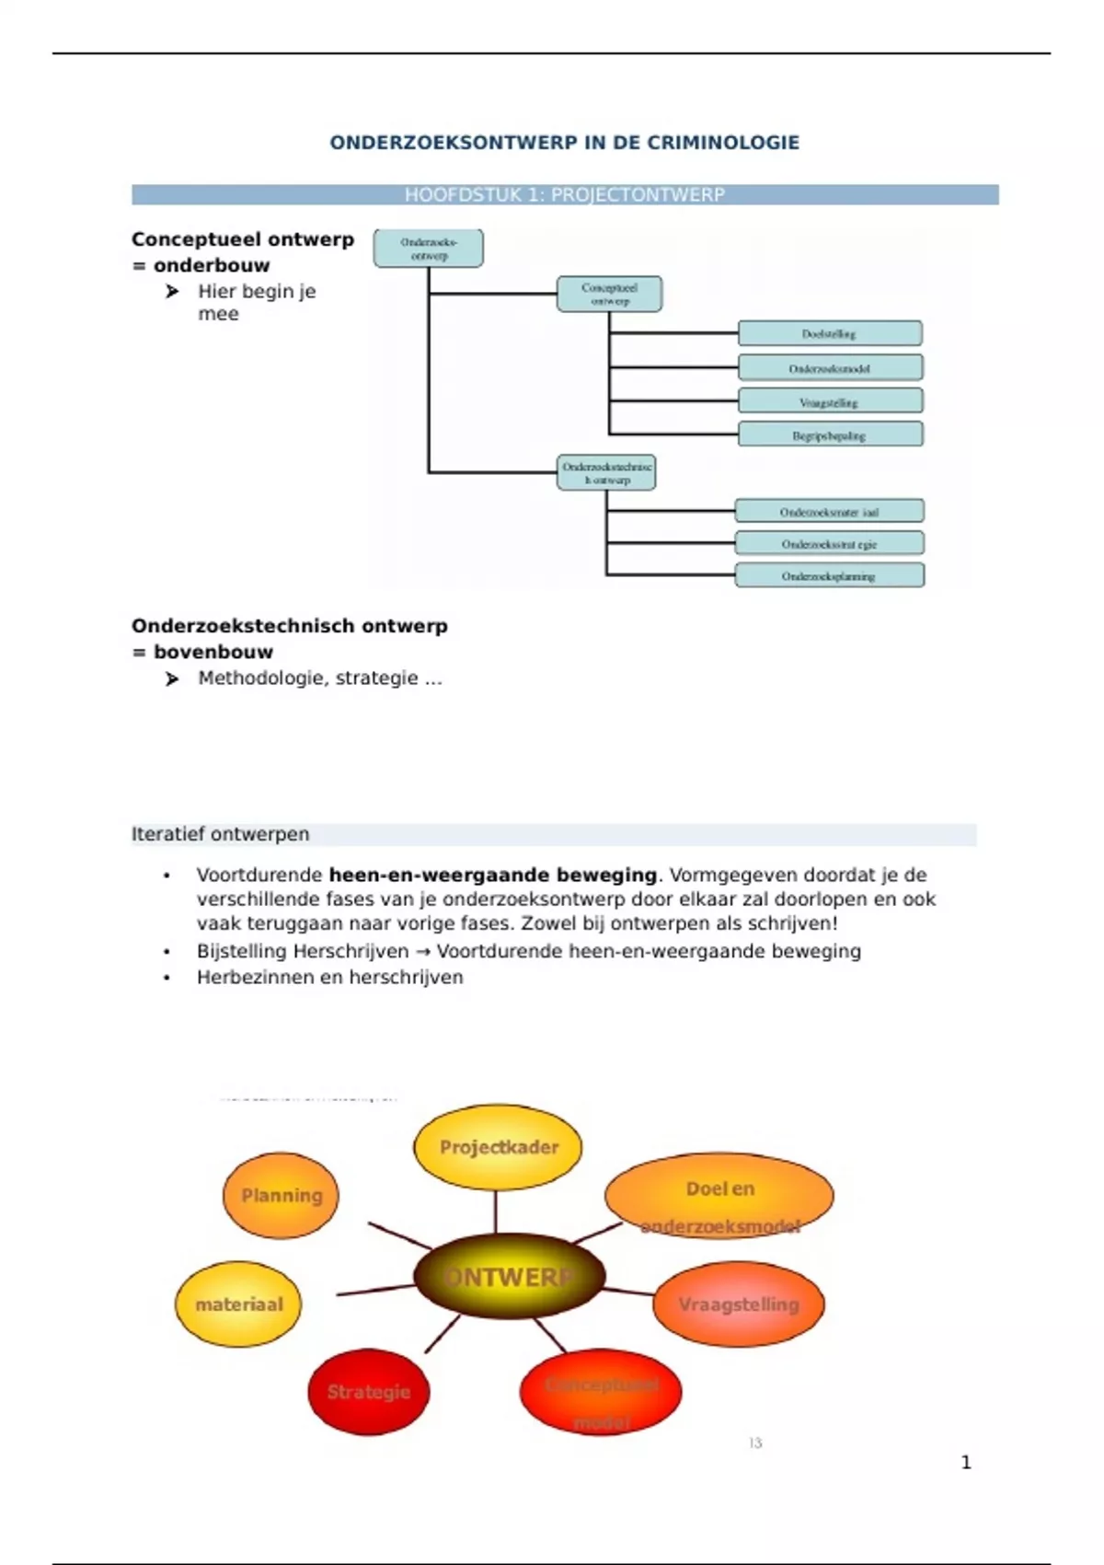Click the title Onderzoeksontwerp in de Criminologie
[564, 143]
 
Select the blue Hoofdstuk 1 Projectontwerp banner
[564, 194]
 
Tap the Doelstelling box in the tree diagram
[829, 333]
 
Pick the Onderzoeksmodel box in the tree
[829, 367]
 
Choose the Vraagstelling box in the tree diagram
[829, 401]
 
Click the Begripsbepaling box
[829, 435]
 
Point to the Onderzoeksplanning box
[829, 575]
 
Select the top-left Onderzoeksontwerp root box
[428, 249]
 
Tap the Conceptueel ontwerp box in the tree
[609, 294]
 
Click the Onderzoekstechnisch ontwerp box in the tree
[606, 472]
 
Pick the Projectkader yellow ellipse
[498, 1147]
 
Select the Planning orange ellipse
[281, 1195]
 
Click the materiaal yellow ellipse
[238, 1304]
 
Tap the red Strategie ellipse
[368, 1391]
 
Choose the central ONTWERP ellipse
[509, 1277]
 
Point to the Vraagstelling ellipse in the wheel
[738, 1304]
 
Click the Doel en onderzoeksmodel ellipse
[719, 1196]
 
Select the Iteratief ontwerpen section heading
[221, 834]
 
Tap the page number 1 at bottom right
[965, 1462]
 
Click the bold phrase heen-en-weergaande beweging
[493, 875]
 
